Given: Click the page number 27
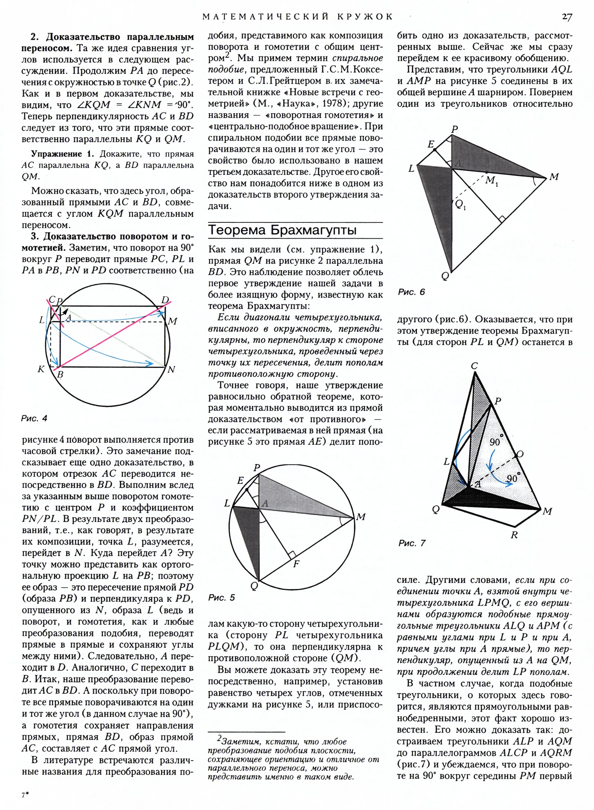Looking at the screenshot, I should pyautogui.click(x=567, y=17).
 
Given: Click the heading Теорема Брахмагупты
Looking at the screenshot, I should pyautogui.click(x=282, y=230).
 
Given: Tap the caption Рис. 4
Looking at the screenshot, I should pyautogui.click(x=34, y=418).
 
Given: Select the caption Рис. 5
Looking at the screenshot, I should pyautogui.click(x=222, y=597).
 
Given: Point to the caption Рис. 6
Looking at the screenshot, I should pyautogui.click(x=411, y=292).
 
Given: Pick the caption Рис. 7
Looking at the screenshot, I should pyautogui.click(x=412, y=543).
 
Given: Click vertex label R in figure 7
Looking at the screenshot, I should pyautogui.click(x=514, y=535).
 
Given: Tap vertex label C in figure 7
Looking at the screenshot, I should pyautogui.click(x=474, y=366).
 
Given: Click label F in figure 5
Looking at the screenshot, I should pyautogui.click(x=296, y=564).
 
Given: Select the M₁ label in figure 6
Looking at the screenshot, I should pyautogui.click(x=492, y=180).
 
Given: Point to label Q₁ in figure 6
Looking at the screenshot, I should pyautogui.click(x=460, y=204).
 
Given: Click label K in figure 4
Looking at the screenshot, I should pyautogui.click(x=41, y=369).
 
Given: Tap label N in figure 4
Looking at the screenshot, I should pyautogui.click(x=171, y=369).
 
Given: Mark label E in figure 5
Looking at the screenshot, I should pyautogui.click(x=241, y=481).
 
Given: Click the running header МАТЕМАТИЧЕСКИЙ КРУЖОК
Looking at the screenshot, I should pyautogui.click(x=297, y=17).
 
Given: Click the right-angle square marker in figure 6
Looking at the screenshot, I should pyautogui.click(x=502, y=220).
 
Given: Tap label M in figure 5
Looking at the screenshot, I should pyautogui.click(x=360, y=517).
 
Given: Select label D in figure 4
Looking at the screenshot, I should pyautogui.click(x=166, y=300).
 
